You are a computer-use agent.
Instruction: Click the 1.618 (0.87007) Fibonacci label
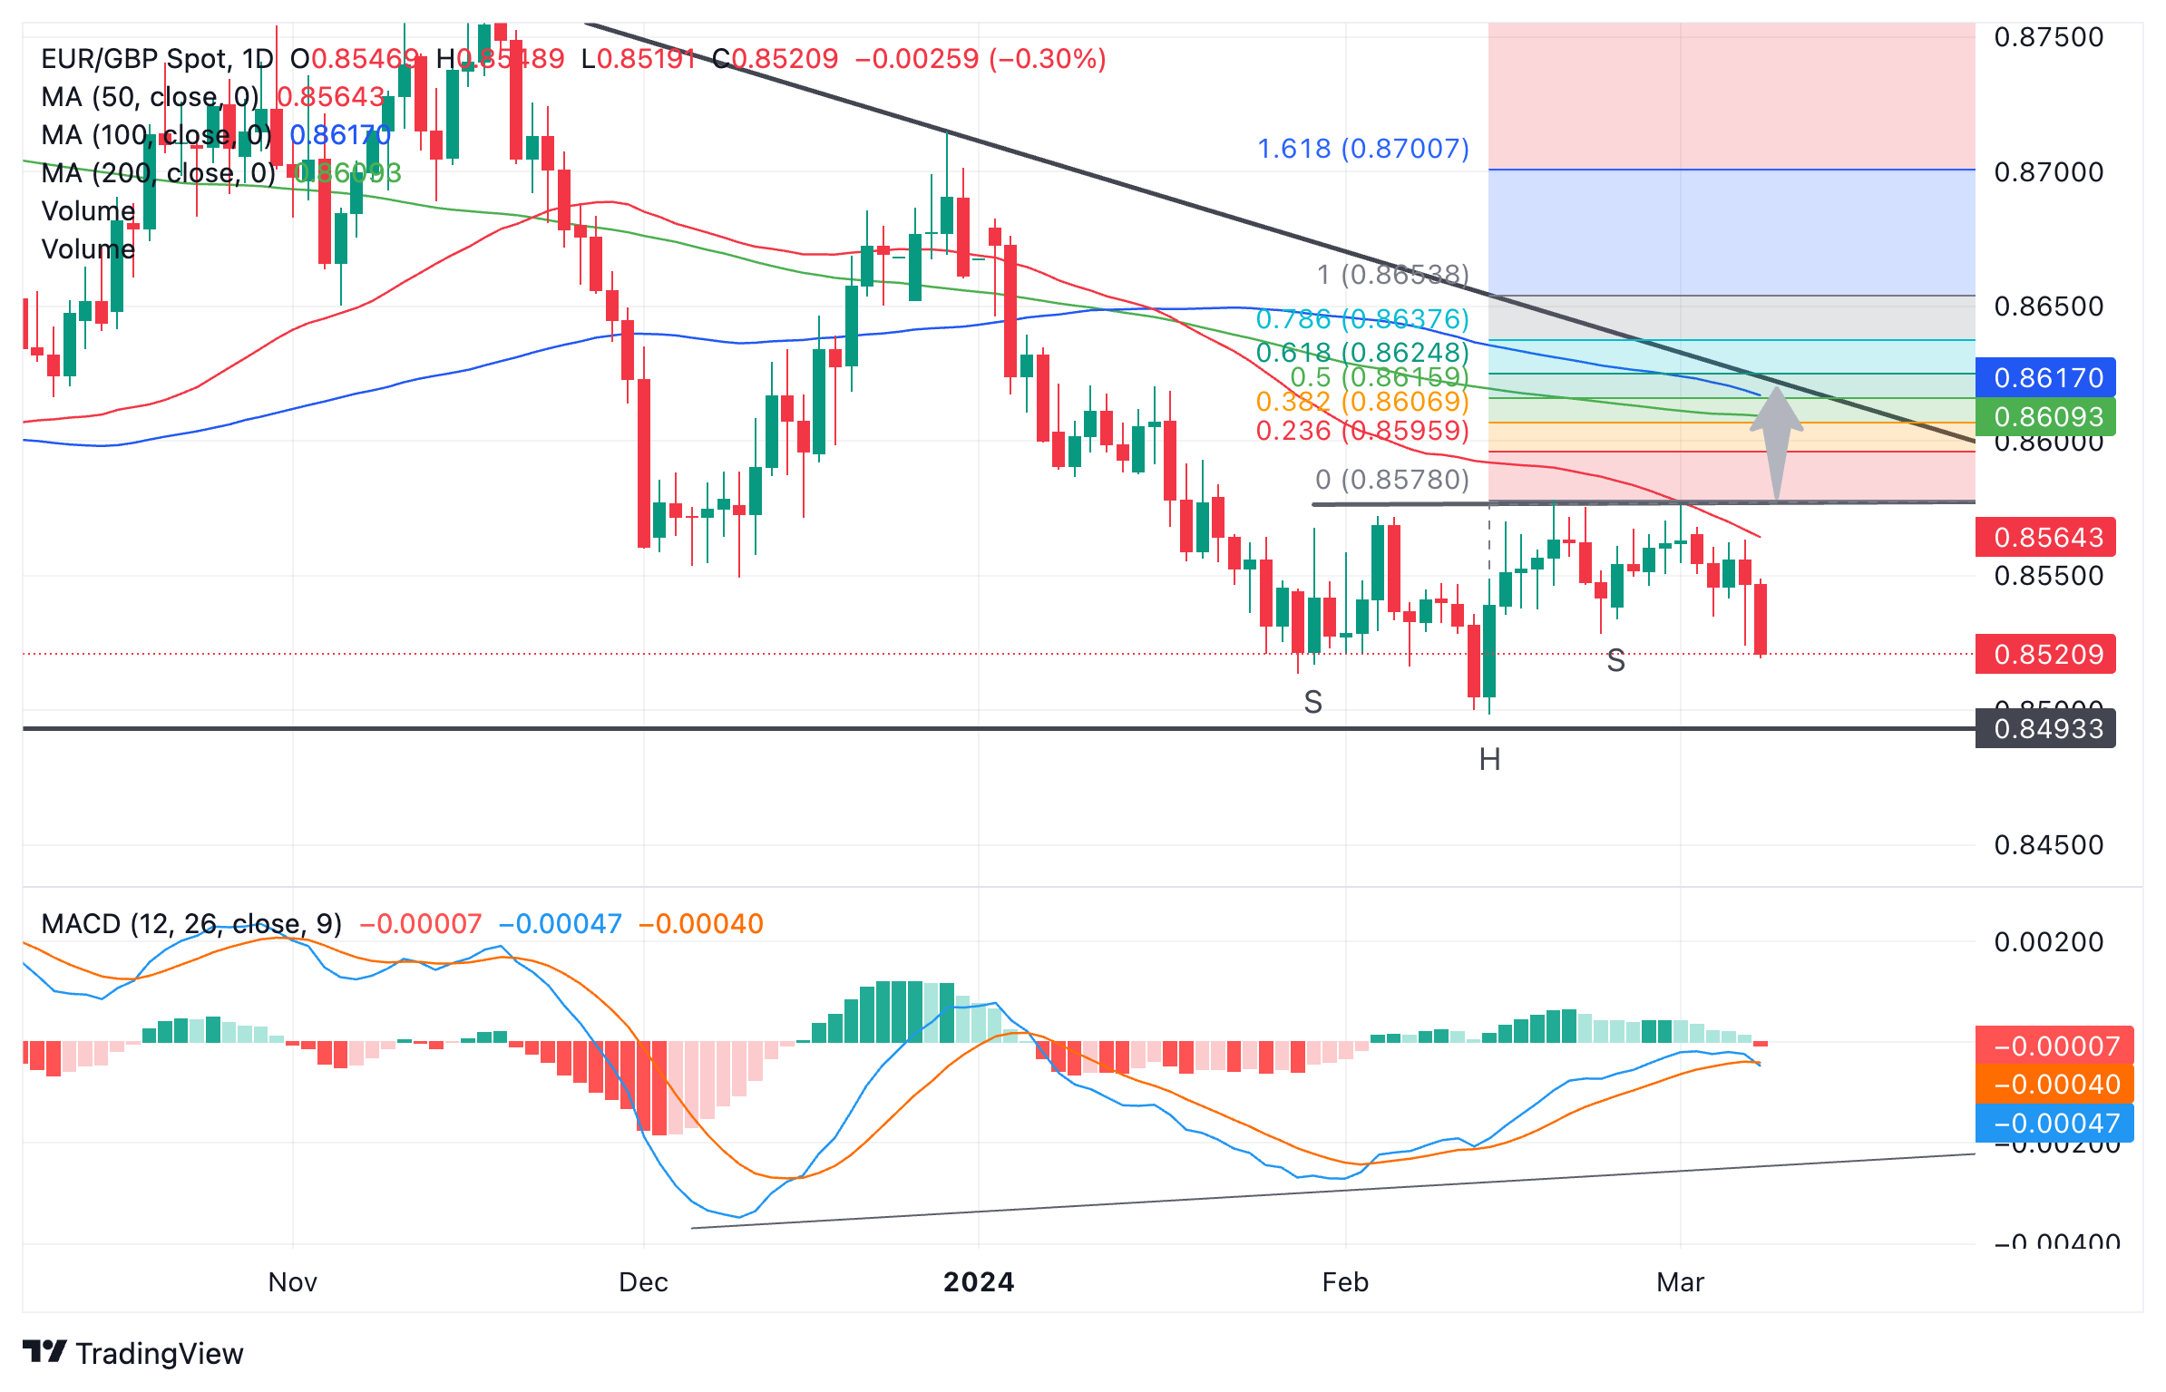(x=1362, y=149)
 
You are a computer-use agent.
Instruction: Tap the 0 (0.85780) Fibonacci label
(x=1391, y=480)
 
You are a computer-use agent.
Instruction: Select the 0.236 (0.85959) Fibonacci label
(x=1361, y=431)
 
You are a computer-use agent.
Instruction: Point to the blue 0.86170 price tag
(x=2047, y=377)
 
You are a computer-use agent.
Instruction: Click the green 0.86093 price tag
(x=2047, y=417)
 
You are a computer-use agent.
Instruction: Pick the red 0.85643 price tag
(x=2047, y=538)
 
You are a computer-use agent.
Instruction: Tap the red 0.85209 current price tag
(x=2047, y=654)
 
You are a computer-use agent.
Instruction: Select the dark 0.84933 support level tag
(x=2047, y=729)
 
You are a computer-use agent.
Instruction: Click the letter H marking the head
(x=1489, y=760)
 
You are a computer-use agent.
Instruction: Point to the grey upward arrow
(x=1776, y=440)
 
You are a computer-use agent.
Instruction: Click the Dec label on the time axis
(x=643, y=1282)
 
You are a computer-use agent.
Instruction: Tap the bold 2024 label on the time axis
(x=979, y=1282)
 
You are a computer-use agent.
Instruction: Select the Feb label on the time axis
(x=1345, y=1282)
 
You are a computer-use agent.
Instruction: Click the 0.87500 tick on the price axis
(x=2048, y=37)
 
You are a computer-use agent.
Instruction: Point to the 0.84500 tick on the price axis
(x=2048, y=845)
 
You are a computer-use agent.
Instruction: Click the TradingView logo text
(x=159, y=1354)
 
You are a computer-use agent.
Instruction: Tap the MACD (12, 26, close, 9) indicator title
(x=191, y=924)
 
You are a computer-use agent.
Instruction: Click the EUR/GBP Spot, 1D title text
(x=157, y=59)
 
